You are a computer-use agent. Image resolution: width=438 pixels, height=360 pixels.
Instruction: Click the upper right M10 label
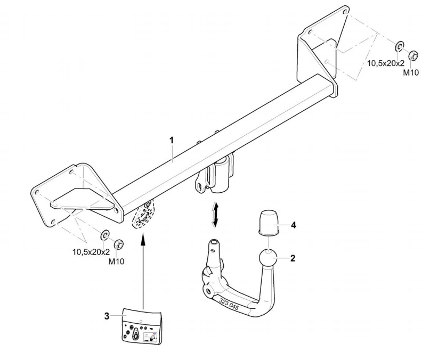[x=410, y=72]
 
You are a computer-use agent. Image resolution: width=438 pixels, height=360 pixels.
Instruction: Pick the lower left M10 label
[x=117, y=261]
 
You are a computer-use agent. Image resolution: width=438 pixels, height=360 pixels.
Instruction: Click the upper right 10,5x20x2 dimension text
[x=385, y=63]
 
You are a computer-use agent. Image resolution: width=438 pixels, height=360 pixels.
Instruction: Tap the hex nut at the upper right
[x=412, y=56]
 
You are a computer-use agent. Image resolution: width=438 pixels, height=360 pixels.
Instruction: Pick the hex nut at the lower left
[x=119, y=244]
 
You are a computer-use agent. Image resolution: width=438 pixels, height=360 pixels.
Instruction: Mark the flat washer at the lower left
[x=105, y=235]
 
